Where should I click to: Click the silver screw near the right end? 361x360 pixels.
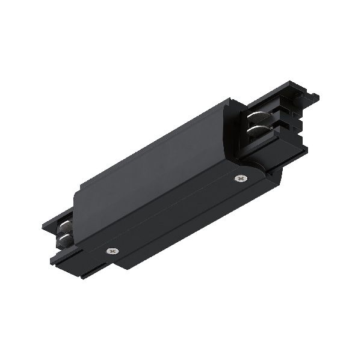[241, 178]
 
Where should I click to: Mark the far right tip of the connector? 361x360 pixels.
[318, 96]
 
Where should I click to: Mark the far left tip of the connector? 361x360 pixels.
[43, 228]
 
